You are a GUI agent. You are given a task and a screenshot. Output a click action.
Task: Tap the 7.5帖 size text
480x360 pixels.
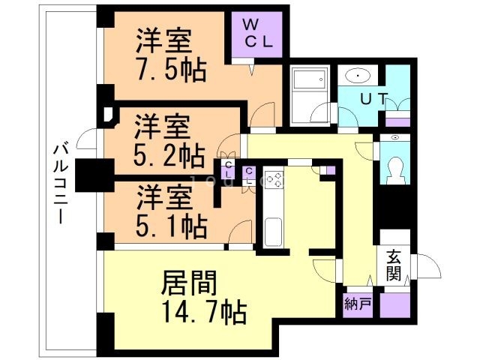pos(171,71)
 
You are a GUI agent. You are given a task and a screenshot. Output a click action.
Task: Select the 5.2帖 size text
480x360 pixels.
pos(169,155)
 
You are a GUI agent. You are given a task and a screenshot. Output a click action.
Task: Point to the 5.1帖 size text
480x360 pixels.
pos(171,226)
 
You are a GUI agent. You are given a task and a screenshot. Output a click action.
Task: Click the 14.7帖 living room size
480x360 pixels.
pos(204,312)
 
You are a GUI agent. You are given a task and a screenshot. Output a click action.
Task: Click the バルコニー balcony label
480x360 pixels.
pos(60,184)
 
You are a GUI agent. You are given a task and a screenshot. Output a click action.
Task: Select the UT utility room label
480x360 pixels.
pos(373,98)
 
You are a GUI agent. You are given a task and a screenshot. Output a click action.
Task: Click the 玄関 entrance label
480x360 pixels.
pos(393,265)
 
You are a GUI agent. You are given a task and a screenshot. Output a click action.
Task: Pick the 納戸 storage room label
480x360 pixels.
pos(358,304)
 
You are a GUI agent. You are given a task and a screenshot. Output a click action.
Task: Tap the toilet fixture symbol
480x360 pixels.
pos(395,170)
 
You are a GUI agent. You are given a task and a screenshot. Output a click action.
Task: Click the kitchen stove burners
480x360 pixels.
pos(273,180)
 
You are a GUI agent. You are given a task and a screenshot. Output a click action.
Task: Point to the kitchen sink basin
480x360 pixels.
pos(273,232)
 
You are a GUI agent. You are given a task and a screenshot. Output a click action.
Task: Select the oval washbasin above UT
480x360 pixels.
pos(358,75)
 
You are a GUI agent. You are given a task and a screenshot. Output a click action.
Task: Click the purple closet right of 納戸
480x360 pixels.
pos(395,305)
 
